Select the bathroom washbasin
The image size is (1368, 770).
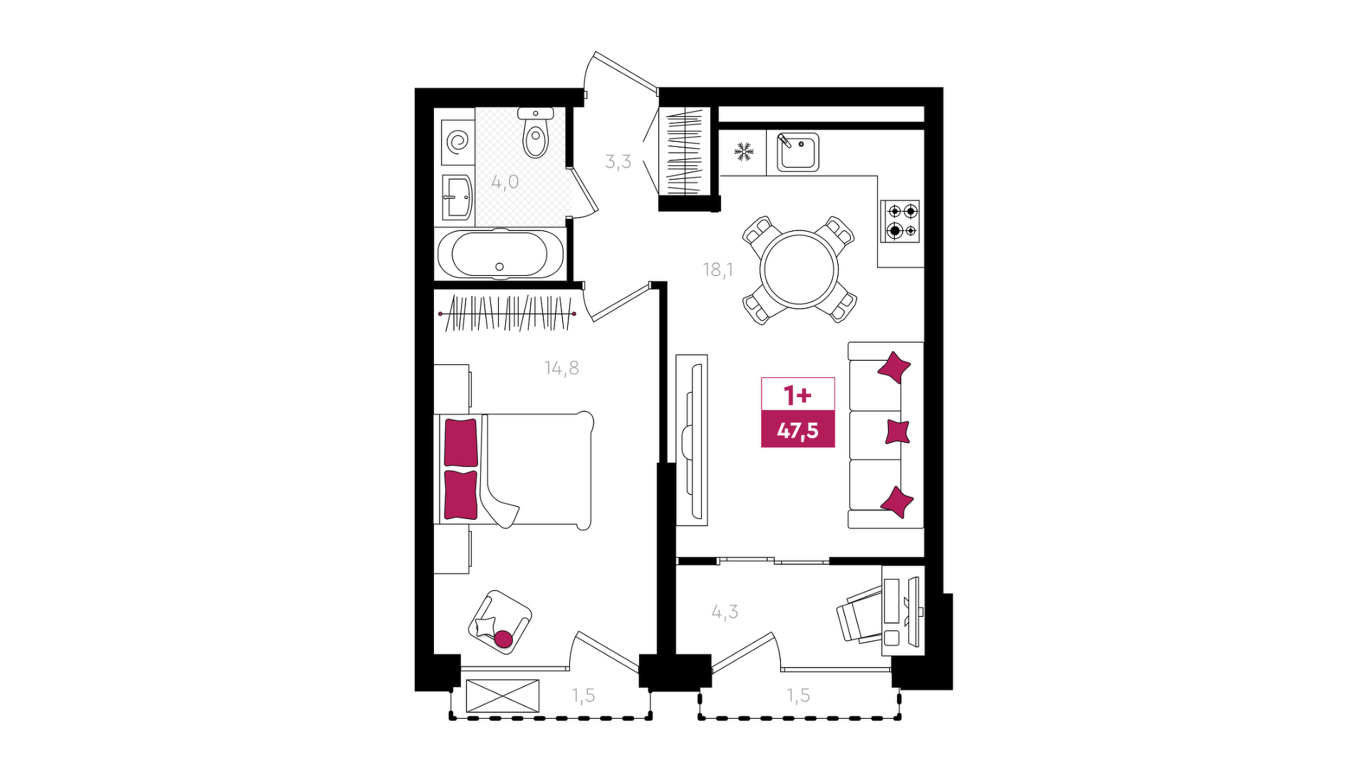457,197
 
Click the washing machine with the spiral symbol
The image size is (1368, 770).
457,140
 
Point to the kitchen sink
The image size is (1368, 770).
797,152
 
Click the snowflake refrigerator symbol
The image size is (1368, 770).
744,151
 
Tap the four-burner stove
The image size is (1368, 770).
901,221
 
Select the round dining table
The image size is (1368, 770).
799,269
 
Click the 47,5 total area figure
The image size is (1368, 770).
798,431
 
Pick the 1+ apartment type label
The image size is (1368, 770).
797,394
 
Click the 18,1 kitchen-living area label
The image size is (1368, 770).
717,269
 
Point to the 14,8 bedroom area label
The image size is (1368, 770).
561,368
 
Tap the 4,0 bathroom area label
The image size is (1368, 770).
504,182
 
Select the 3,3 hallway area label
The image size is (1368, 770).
618,161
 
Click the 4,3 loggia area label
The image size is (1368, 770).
725,612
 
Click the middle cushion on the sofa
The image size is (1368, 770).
898,432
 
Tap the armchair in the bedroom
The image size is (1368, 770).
500,621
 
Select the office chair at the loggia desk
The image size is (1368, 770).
860,613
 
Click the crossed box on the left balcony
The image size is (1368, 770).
502,696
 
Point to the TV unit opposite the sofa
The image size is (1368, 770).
692,440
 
